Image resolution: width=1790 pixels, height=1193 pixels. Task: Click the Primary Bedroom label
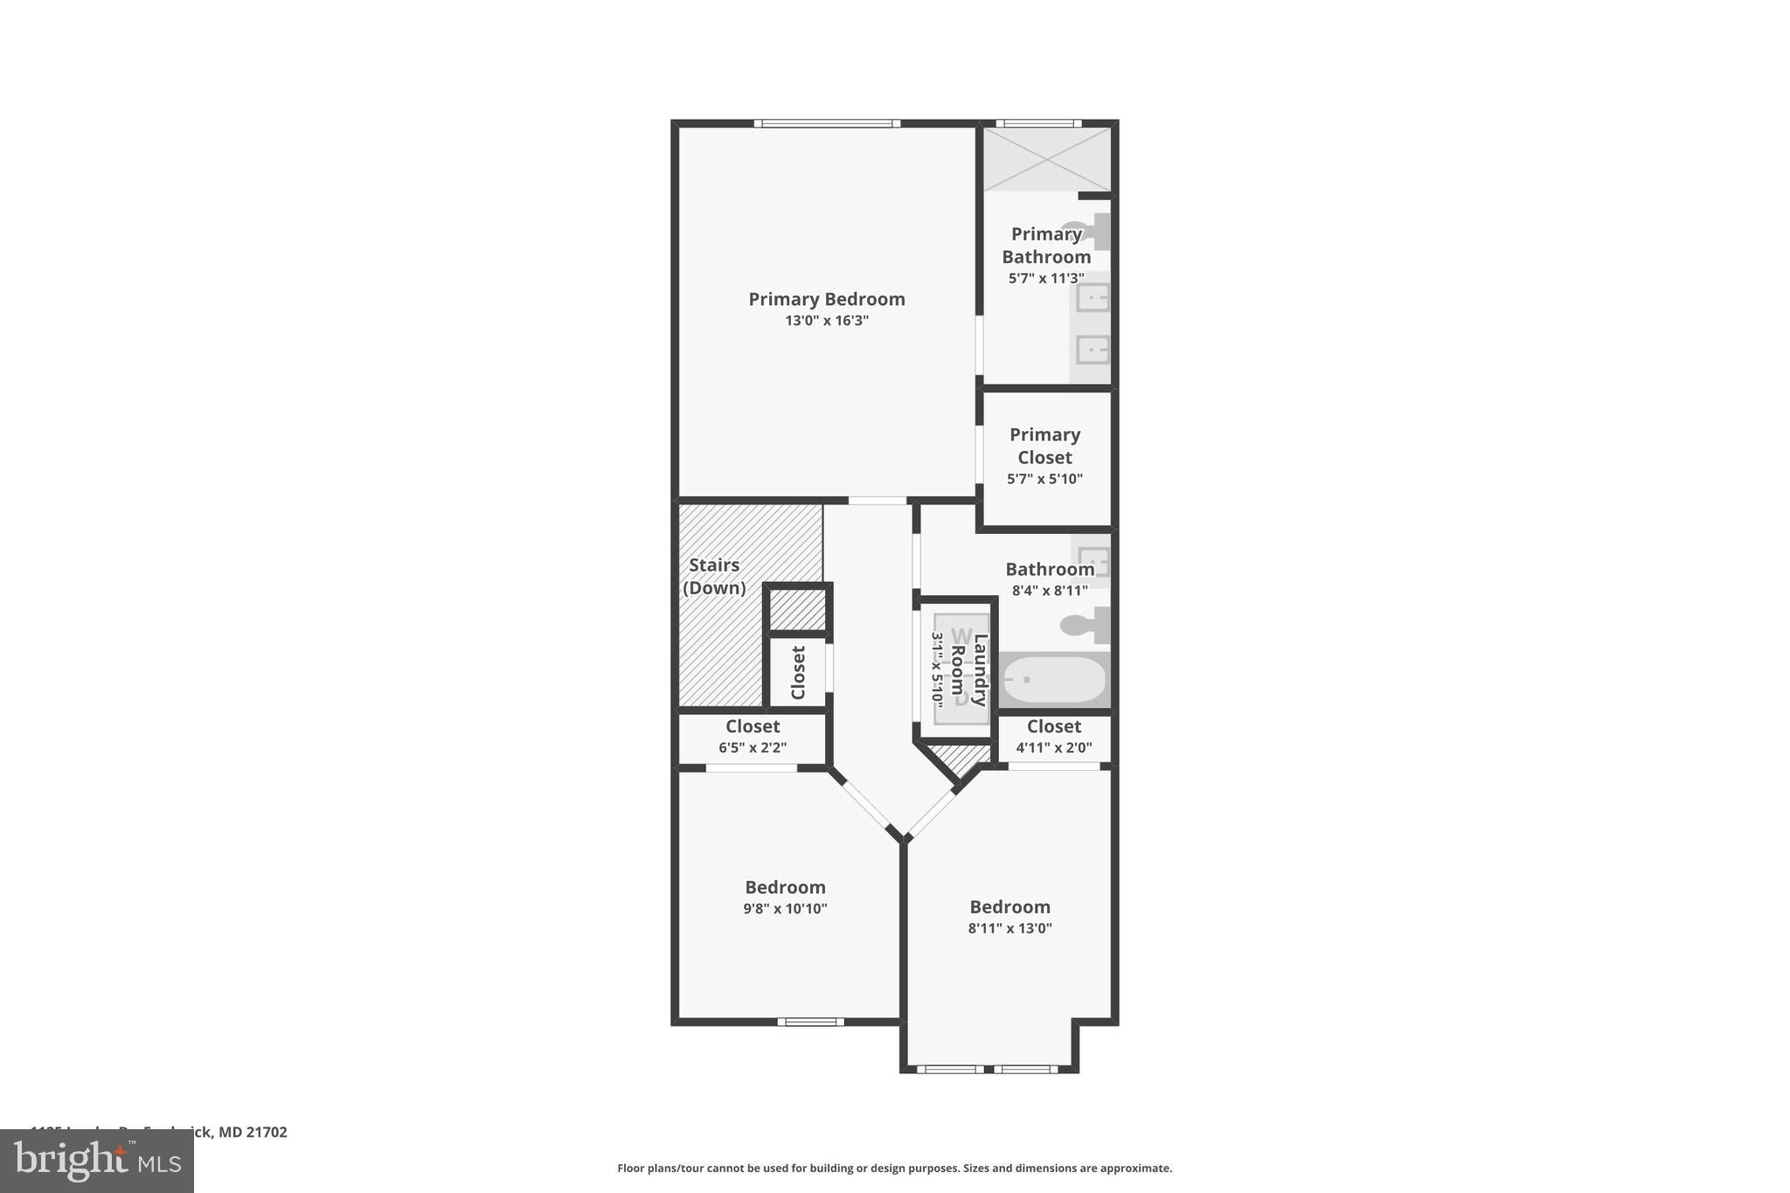click(x=826, y=299)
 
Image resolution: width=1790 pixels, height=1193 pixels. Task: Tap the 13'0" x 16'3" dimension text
click(x=826, y=321)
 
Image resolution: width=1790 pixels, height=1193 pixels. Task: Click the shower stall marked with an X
click(x=1047, y=159)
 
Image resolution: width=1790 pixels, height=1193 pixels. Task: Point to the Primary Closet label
click(x=1044, y=446)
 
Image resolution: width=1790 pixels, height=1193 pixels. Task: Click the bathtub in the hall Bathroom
click(x=1053, y=680)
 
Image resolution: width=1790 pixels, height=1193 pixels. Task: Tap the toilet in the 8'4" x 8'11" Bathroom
click(x=1084, y=625)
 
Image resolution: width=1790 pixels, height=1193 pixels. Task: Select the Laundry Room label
click(x=968, y=669)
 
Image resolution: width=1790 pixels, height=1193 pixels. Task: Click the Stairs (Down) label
click(x=714, y=577)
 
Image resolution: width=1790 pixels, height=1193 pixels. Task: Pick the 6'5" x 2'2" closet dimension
click(x=753, y=748)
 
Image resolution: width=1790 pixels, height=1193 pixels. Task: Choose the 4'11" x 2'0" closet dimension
click(x=1053, y=748)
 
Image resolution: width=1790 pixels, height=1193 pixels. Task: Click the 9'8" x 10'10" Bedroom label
click(x=785, y=888)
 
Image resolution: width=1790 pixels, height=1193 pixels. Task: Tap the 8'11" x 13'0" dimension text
click(x=1009, y=928)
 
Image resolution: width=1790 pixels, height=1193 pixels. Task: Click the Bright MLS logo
click(x=97, y=1161)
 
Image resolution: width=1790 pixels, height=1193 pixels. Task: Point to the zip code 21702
click(x=266, y=1132)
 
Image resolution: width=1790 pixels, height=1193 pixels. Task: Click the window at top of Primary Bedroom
click(x=827, y=123)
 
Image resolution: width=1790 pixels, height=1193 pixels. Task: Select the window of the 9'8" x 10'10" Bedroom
click(x=810, y=1021)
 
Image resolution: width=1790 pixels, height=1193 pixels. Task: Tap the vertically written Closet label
click(x=798, y=672)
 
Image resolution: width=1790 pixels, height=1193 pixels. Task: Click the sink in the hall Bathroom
click(x=1093, y=560)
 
